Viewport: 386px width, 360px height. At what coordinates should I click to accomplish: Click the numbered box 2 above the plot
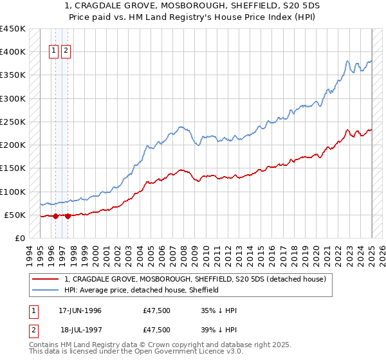(x=66, y=52)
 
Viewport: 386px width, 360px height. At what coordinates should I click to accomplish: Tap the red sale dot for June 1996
(x=55, y=216)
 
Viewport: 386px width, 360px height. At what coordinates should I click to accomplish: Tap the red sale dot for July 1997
(x=68, y=216)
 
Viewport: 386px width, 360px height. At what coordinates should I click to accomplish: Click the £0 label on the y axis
(x=19, y=238)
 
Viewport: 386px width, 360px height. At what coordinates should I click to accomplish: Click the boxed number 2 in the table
(x=33, y=330)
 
